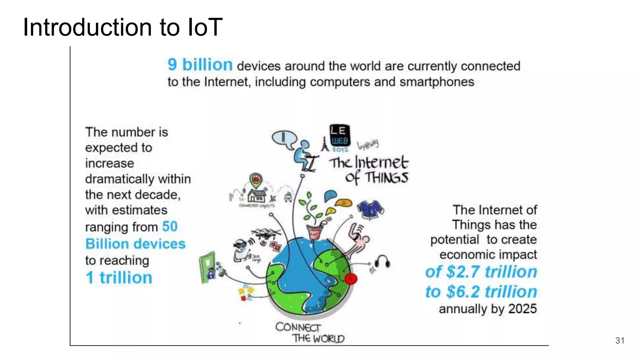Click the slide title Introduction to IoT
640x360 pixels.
point(122,27)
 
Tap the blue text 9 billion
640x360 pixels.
point(200,65)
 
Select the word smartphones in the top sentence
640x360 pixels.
point(437,82)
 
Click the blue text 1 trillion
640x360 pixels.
point(119,277)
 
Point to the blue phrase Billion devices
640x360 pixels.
point(135,244)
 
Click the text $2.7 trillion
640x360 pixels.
point(491,271)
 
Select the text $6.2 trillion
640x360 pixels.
point(491,292)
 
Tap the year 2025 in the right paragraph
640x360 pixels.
point(522,309)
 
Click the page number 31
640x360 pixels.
point(619,340)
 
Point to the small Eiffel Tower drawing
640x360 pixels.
point(325,144)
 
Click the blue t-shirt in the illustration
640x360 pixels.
point(370,210)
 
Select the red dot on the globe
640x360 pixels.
point(351,278)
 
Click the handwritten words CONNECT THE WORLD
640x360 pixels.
point(309,333)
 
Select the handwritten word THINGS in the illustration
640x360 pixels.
point(387,178)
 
